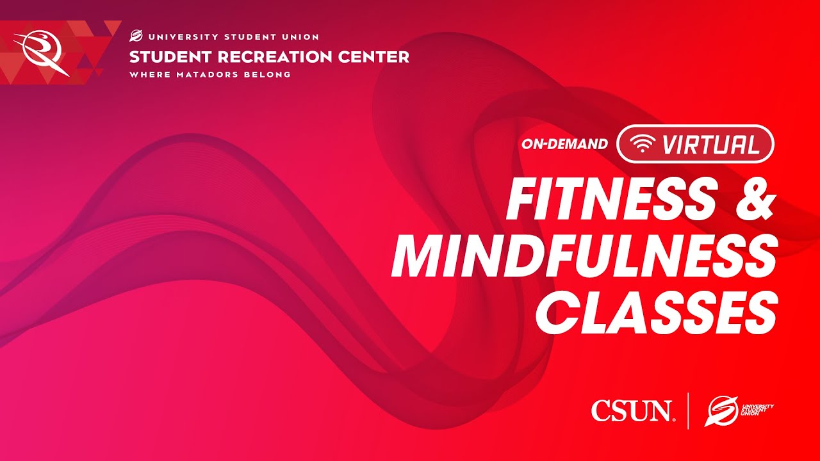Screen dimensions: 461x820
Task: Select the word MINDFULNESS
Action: point(584,255)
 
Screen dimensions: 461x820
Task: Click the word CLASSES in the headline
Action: point(656,312)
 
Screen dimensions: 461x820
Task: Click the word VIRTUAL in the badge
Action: point(711,144)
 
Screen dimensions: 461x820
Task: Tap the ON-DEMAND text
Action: point(564,144)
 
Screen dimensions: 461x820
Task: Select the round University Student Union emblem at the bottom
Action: point(719,410)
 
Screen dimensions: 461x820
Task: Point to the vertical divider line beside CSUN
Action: point(688,410)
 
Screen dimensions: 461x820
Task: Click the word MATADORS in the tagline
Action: point(208,74)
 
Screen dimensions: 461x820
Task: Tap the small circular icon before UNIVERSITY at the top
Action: point(135,36)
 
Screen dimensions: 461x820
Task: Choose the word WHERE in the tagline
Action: point(150,74)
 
